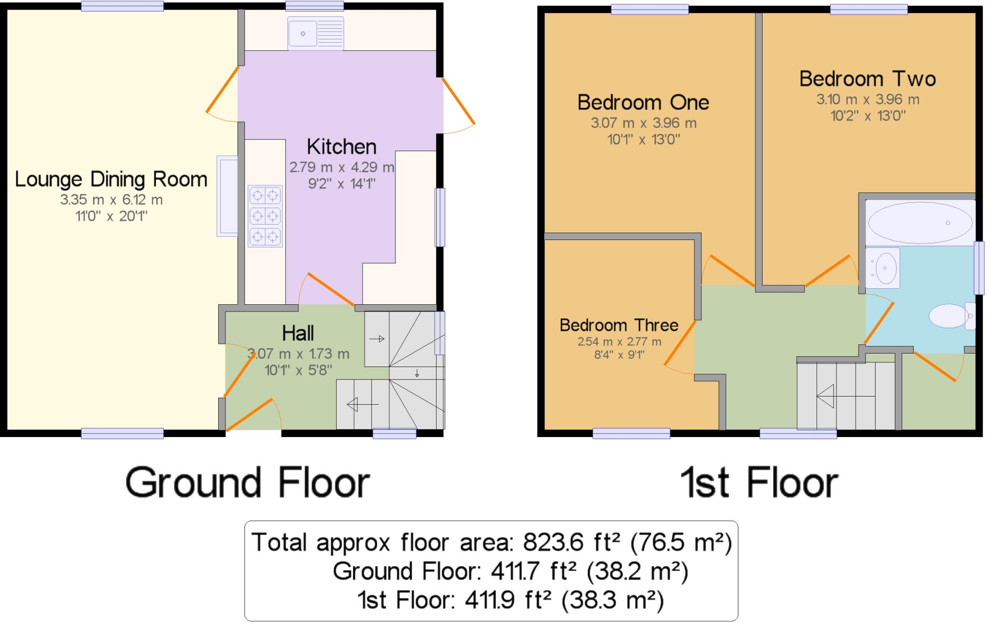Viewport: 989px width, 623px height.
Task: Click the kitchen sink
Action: (315, 33)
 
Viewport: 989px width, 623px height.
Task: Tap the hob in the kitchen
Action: (265, 216)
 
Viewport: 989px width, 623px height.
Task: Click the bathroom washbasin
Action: (883, 268)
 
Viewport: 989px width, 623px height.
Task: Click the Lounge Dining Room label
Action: (111, 179)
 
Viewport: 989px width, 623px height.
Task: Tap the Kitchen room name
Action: (341, 146)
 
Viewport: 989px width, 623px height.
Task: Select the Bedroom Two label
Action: (867, 79)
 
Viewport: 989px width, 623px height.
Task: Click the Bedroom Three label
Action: (619, 325)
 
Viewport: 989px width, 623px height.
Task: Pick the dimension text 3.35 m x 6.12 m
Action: (111, 199)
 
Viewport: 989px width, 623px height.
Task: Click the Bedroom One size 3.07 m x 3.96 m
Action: (643, 123)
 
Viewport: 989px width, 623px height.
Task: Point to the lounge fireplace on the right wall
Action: (226, 196)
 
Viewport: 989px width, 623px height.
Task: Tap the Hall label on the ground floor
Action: (297, 333)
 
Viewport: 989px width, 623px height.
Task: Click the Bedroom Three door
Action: (679, 343)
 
